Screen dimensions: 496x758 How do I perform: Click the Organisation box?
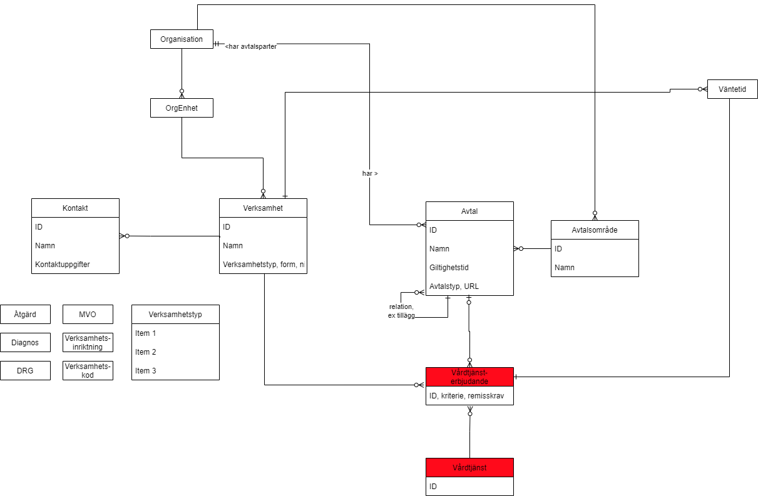point(182,39)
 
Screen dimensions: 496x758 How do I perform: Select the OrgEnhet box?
point(182,108)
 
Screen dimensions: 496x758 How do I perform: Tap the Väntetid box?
point(732,89)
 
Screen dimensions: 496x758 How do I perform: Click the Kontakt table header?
point(75,208)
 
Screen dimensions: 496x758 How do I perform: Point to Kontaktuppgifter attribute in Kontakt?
point(63,264)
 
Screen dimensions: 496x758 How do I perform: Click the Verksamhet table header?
point(263,208)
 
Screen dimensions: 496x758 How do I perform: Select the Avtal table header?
point(469,211)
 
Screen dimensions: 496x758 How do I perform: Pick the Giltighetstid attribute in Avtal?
point(449,267)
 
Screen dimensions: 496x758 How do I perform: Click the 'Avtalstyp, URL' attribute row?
point(454,286)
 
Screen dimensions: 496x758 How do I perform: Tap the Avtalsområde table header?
point(595,230)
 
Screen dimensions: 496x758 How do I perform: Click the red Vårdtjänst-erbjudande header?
point(469,377)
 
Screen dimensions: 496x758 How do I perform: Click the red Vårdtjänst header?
point(469,467)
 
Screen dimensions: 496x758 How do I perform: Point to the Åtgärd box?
point(25,314)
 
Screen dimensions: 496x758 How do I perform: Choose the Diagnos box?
point(25,342)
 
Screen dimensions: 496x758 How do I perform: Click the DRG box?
point(25,370)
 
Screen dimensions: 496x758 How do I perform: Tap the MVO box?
point(88,314)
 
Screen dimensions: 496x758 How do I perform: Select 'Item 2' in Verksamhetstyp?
point(146,352)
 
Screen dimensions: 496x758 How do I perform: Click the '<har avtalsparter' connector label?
point(251,46)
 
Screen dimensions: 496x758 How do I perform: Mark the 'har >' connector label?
point(370,173)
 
